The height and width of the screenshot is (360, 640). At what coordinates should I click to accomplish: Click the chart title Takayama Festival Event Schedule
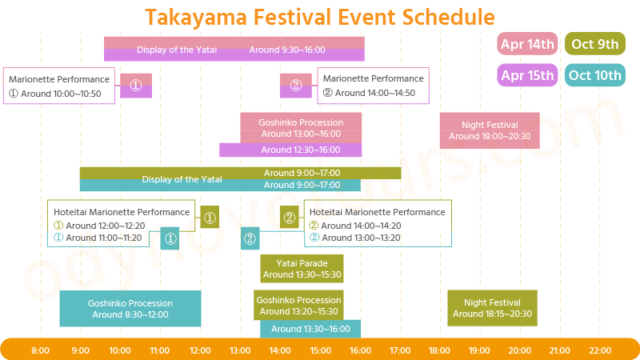tap(320, 17)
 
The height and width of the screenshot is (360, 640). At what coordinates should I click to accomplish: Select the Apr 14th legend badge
tap(527, 44)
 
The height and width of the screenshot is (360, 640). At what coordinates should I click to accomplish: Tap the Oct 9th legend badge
tap(594, 44)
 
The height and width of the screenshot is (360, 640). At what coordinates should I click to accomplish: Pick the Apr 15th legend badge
tap(527, 75)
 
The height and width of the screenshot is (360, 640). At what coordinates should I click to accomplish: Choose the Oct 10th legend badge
tap(594, 75)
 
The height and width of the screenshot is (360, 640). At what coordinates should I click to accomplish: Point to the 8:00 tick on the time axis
tap(40, 350)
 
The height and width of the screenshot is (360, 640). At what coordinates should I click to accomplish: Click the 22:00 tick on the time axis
tap(600, 350)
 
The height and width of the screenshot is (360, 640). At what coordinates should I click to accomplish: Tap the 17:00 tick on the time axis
tap(400, 350)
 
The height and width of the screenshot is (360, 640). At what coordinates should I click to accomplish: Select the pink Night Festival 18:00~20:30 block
tap(490, 130)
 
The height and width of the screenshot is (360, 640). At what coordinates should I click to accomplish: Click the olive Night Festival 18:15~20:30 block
tap(492, 308)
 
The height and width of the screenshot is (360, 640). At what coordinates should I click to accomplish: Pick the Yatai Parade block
tap(302, 269)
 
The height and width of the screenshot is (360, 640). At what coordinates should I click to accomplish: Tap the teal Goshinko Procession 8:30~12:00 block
tap(130, 309)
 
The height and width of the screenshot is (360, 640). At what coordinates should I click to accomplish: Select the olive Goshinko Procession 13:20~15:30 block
tap(298, 306)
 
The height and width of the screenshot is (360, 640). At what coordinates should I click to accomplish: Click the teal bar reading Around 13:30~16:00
tap(310, 329)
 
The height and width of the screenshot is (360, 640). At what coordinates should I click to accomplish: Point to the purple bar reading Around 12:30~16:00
tap(290, 150)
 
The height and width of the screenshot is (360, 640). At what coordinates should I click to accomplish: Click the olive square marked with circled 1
tap(210, 218)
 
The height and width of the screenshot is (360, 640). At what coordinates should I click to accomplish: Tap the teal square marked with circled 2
tap(250, 238)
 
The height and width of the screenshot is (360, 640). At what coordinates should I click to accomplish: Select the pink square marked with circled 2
tap(295, 85)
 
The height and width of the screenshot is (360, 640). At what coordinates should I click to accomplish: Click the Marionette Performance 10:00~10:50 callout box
tap(59, 86)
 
